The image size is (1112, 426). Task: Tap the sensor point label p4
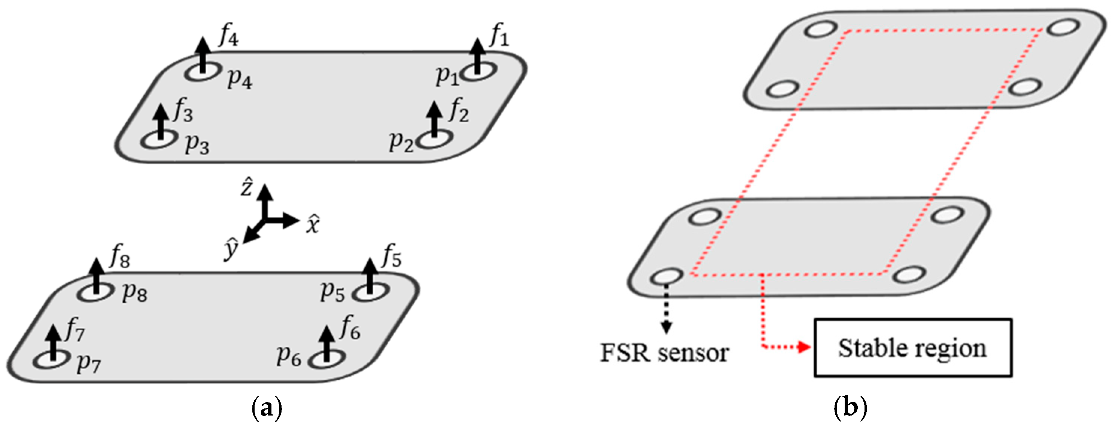(x=240, y=79)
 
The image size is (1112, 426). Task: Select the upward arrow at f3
(x=161, y=122)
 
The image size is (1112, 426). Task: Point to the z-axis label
(x=246, y=189)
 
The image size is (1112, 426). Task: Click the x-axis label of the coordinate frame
(x=313, y=224)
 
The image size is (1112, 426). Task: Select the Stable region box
(x=912, y=348)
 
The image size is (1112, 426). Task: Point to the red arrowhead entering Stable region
(x=804, y=347)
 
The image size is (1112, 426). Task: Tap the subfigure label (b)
(x=850, y=407)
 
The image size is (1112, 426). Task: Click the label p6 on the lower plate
(x=289, y=356)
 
